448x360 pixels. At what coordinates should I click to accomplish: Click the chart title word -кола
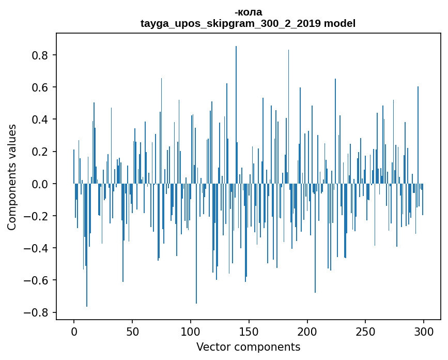248,12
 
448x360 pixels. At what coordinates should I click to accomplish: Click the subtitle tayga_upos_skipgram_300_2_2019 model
248,24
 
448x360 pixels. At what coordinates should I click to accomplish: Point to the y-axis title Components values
12,177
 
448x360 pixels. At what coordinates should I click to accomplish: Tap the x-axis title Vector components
248,347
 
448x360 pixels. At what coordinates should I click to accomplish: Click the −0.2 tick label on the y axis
37,216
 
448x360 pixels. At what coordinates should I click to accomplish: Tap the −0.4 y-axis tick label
37,248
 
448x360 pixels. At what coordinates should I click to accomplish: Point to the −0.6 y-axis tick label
37,280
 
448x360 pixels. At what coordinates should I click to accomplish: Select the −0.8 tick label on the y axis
37,312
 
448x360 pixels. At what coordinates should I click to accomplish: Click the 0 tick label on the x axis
74,331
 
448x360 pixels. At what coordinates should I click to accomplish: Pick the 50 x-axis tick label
132,331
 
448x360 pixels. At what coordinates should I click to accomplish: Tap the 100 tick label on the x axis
191,331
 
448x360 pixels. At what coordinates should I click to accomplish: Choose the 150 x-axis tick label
249,331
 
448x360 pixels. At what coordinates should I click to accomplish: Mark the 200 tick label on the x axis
307,331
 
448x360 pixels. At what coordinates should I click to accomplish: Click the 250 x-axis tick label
366,331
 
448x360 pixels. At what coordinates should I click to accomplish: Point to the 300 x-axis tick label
424,331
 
